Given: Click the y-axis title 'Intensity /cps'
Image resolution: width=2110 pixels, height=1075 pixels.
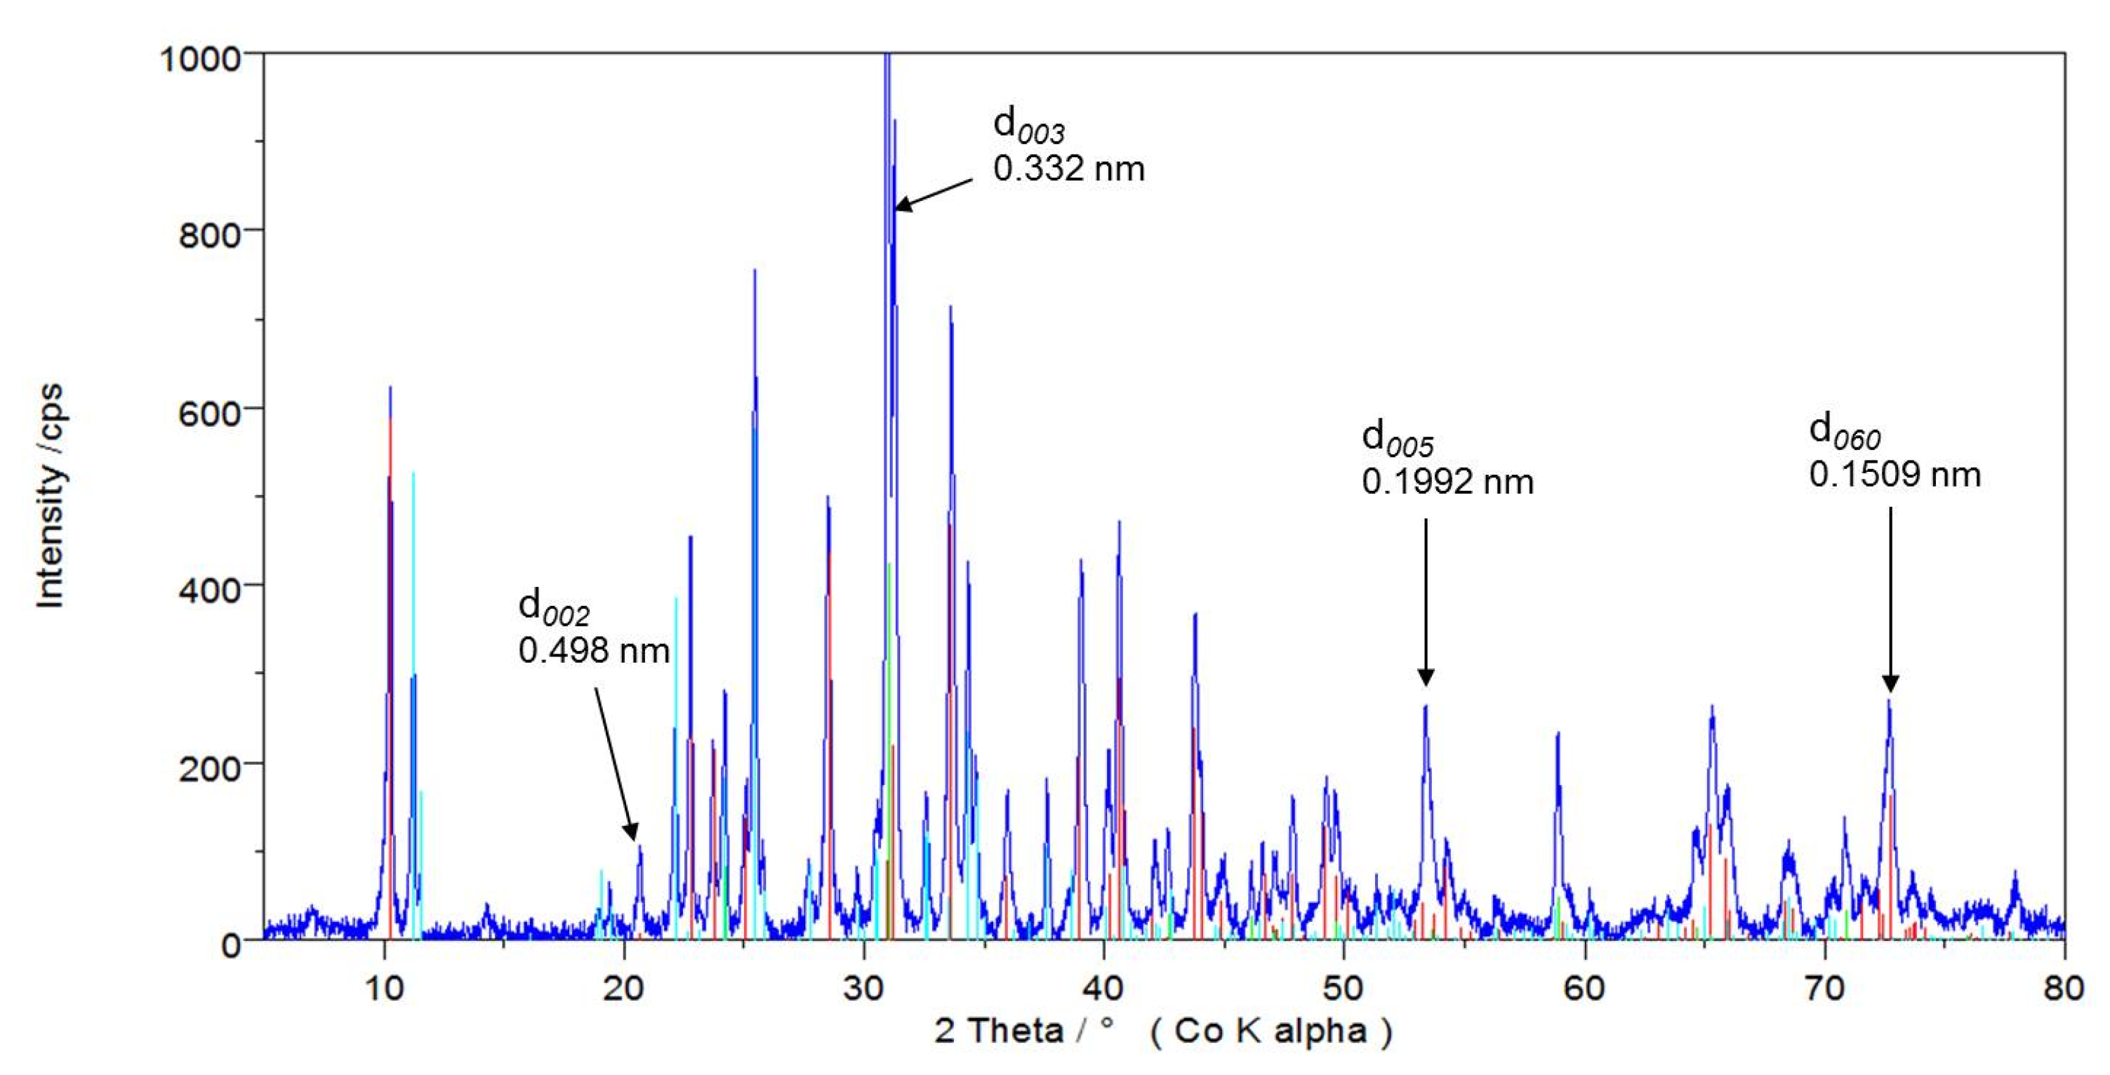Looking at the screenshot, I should point(51,496).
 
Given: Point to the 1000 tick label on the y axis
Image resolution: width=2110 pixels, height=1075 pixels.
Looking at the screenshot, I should point(200,59).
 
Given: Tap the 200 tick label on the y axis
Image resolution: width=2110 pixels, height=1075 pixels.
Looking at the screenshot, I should point(209,767).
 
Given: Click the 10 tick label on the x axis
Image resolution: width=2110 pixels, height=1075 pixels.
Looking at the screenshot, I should point(383,989).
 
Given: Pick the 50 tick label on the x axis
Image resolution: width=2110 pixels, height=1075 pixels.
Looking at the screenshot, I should point(1343,989).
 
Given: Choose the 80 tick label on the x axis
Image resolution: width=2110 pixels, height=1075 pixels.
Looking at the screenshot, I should point(2062,989).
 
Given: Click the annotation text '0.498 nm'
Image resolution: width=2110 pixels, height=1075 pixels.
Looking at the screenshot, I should point(594,651).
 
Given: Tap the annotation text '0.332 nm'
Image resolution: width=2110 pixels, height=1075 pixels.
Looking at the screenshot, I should point(1068,169).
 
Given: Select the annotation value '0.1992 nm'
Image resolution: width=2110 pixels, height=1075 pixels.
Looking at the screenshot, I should point(1447,482).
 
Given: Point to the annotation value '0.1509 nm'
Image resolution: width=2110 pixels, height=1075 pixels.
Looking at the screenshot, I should point(1895,475).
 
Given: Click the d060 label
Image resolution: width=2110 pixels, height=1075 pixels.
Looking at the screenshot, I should point(1844,432).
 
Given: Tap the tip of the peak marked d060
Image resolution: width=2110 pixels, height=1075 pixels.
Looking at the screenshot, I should point(1889,701).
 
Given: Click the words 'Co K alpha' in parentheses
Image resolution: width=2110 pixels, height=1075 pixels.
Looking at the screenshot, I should point(1270,1030).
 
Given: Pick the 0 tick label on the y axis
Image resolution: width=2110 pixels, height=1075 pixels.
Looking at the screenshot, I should point(231,944).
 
